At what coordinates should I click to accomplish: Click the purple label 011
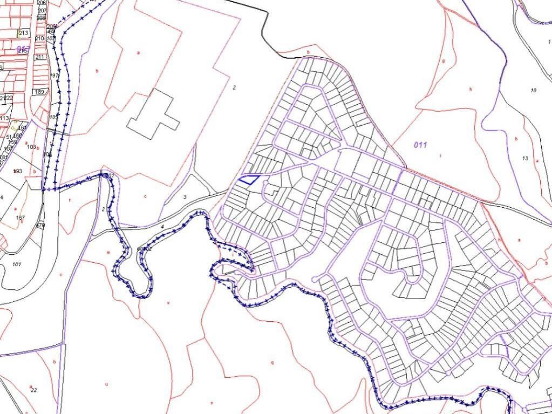(x=420, y=145)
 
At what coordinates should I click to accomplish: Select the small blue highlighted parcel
(x=249, y=180)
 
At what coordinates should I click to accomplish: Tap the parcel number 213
(x=23, y=33)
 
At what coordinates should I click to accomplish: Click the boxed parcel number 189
(x=39, y=92)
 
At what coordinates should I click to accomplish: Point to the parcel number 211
(x=40, y=57)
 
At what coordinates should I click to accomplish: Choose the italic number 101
(x=16, y=264)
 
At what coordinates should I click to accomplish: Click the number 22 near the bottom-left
(x=33, y=390)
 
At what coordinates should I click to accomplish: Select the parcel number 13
(x=525, y=158)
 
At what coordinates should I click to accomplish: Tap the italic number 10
(x=533, y=90)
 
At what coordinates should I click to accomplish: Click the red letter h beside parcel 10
(x=471, y=89)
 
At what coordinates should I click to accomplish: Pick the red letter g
(x=443, y=61)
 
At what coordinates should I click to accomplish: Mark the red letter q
(x=272, y=362)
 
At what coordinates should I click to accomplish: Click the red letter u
(x=106, y=384)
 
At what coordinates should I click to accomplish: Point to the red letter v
(x=168, y=303)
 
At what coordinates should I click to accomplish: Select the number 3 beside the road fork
(x=185, y=197)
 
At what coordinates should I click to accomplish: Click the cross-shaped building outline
(x=154, y=114)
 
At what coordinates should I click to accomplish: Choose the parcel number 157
(x=21, y=218)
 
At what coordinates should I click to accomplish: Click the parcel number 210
(x=39, y=39)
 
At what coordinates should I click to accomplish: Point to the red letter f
(x=70, y=199)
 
